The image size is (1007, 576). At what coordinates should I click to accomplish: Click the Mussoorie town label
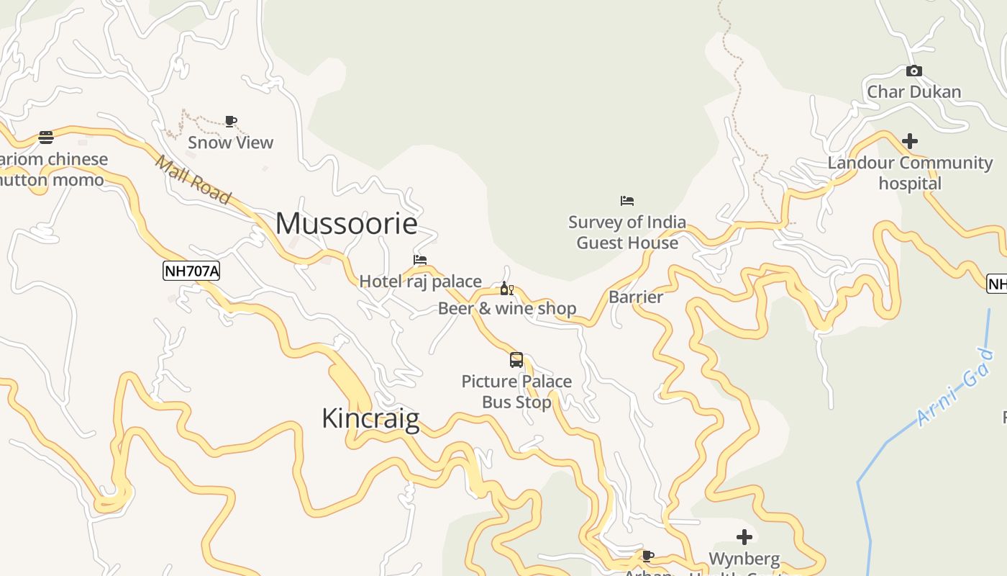click(x=346, y=224)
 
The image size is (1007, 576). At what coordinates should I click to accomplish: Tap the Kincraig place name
click(x=370, y=418)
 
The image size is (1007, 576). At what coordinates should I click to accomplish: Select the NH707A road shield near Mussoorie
click(x=191, y=271)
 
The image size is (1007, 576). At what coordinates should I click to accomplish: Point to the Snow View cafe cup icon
click(x=230, y=121)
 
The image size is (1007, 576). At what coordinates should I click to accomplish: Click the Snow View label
click(x=230, y=143)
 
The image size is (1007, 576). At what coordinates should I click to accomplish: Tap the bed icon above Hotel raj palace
click(x=420, y=260)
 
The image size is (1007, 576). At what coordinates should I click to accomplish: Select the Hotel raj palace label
click(x=420, y=282)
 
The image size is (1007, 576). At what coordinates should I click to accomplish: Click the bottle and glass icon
click(x=507, y=289)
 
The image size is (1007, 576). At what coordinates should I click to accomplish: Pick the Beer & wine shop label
click(x=507, y=309)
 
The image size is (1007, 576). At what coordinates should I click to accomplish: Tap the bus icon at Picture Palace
click(x=516, y=360)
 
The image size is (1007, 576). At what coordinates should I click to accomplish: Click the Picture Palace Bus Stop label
click(x=516, y=392)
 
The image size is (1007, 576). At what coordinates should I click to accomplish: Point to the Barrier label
click(x=636, y=297)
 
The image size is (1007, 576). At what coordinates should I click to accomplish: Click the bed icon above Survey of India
click(x=627, y=200)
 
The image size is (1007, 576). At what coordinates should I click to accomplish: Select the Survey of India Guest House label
click(x=627, y=232)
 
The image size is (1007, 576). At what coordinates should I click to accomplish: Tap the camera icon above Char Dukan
click(x=914, y=71)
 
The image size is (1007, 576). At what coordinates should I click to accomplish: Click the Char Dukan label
click(x=914, y=91)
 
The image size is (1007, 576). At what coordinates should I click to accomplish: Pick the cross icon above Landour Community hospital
click(x=910, y=141)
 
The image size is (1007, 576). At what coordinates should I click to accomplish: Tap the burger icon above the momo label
click(x=46, y=138)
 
